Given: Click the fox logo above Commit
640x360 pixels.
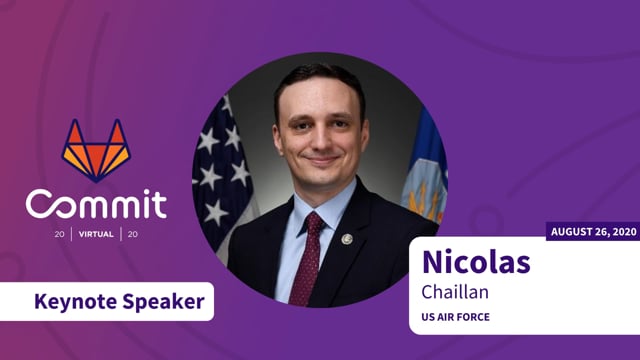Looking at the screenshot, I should coord(96,150).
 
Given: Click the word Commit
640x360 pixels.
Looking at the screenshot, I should coord(96,204).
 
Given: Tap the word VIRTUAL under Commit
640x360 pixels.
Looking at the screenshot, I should coord(96,236).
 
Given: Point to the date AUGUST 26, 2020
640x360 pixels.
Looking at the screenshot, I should coord(593,232).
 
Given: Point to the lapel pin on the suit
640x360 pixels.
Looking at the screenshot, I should coord(347,239).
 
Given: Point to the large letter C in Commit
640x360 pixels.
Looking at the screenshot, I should coord(43,204).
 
